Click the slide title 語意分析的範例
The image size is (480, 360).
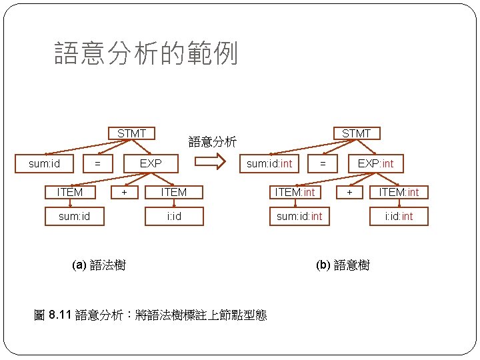click(146, 54)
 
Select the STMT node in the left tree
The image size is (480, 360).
click(131, 134)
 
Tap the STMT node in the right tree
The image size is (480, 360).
click(356, 134)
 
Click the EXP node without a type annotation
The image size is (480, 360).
click(151, 163)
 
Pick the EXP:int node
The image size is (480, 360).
click(375, 163)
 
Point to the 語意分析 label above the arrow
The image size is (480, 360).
click(212, 141)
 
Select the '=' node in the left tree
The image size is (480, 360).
click(97, 163)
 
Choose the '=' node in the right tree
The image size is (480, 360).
click(323, 163)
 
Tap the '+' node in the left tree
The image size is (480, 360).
click(124, 192)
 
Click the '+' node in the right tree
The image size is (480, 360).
click(349, 192)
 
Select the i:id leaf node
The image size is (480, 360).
click(174, 217)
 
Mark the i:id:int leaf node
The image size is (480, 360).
click(399, 217)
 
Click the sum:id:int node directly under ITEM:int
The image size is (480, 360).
click(299, 217)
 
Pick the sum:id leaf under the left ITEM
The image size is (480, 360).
click(74, 217)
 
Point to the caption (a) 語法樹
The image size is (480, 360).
click(98, 265)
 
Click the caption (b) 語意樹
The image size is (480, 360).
click(343, 265)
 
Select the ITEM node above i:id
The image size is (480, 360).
click(174, 192)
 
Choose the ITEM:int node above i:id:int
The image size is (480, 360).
click(399, 192)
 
